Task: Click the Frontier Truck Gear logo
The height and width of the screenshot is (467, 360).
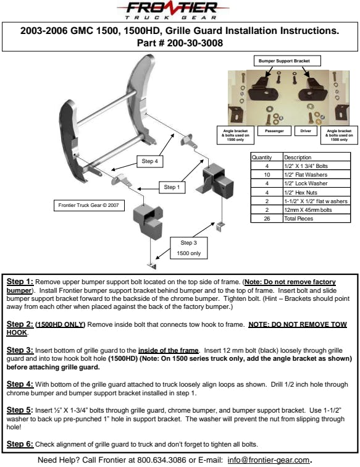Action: click(173, 11)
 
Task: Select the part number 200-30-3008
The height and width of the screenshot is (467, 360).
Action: click(195, 43)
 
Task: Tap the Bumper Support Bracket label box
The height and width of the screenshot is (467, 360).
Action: click(287, 61)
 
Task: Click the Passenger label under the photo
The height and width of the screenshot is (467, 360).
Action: click(274, 131)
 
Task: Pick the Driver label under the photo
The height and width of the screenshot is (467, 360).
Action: click(306, 131)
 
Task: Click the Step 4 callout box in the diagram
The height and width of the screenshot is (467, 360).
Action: click(150, 161)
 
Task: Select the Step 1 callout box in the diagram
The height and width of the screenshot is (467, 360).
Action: click(172, 187)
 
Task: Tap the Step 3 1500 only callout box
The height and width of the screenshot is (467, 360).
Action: click(188, 248)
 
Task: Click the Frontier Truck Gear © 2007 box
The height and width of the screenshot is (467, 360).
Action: click(89, 206)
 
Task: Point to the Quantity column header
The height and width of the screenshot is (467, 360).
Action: click(262, 158)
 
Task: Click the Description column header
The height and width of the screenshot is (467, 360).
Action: click(298, 158)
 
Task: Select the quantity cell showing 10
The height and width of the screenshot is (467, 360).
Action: click(267, 175)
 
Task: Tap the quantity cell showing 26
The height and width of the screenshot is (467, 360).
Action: click(267, 218)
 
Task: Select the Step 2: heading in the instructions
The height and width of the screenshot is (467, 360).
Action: click(20, 324)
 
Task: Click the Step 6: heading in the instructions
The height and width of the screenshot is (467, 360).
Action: click(20, 444)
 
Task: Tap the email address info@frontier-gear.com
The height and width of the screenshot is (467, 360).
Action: click(269, 460)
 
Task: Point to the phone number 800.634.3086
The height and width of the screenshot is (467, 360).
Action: click(161, 460)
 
